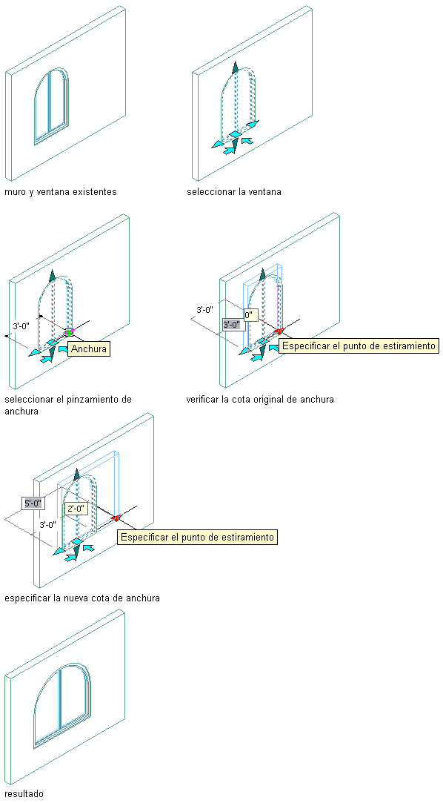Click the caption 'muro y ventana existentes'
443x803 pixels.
[60, 192]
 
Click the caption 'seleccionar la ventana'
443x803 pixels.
[234, 192]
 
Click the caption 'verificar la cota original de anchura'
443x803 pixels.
[260, 399]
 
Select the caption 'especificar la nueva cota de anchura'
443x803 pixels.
[81, 598]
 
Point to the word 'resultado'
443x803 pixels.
[24, 793]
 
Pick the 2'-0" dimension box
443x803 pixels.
[77, 509]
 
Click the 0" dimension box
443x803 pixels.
[249, 315]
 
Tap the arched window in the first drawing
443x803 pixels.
[51, 107]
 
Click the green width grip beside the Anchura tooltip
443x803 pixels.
[69, 332]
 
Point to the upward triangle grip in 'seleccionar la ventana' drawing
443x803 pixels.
[235, 68]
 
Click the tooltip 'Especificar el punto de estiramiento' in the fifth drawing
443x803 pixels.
[198, 538]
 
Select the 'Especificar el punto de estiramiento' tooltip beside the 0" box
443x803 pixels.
[359, 346]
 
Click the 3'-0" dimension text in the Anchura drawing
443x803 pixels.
[21, 326]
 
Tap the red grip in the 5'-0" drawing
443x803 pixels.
[116, 518]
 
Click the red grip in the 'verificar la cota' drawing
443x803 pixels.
[279, 331]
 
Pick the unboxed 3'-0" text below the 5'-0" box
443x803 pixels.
[47, 524]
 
